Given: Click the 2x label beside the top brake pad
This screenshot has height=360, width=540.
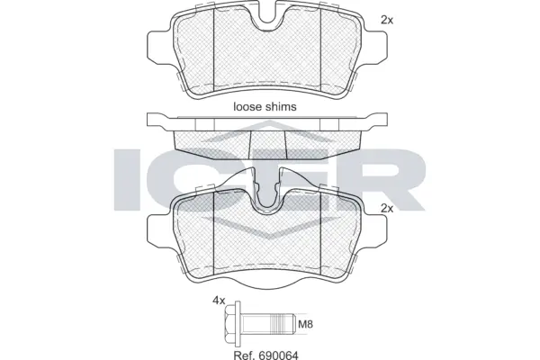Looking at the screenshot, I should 386,19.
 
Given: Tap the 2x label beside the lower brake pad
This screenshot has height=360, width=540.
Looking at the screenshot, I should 386,208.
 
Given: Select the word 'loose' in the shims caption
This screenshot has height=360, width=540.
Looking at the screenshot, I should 247,105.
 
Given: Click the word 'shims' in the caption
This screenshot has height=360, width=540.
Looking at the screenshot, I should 282,105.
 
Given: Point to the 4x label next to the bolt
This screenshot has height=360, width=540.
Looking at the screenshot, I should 218,301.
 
